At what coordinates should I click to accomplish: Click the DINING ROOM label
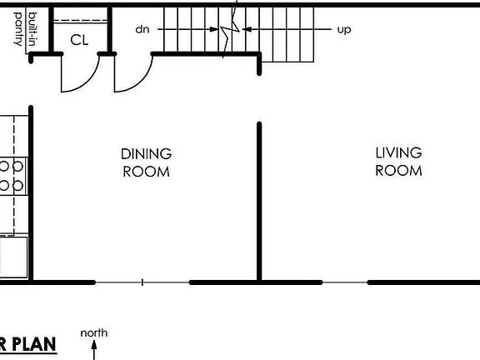pos(146,162)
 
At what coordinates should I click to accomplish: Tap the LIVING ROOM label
pos(398,162)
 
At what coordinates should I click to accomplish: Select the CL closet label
pos(79,39)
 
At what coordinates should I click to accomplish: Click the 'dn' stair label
pos(142,29)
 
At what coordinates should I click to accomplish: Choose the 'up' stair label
pos(343,29)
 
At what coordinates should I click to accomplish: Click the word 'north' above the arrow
pos(93,333)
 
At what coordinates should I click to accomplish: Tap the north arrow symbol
pos(94,349)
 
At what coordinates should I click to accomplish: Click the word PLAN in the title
pos(33,343)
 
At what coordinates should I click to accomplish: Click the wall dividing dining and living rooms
pos(259,200)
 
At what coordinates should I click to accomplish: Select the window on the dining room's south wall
pos(142,282)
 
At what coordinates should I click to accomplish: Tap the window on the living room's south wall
pos(344,282)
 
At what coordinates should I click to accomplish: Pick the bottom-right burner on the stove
pos(17,185)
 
